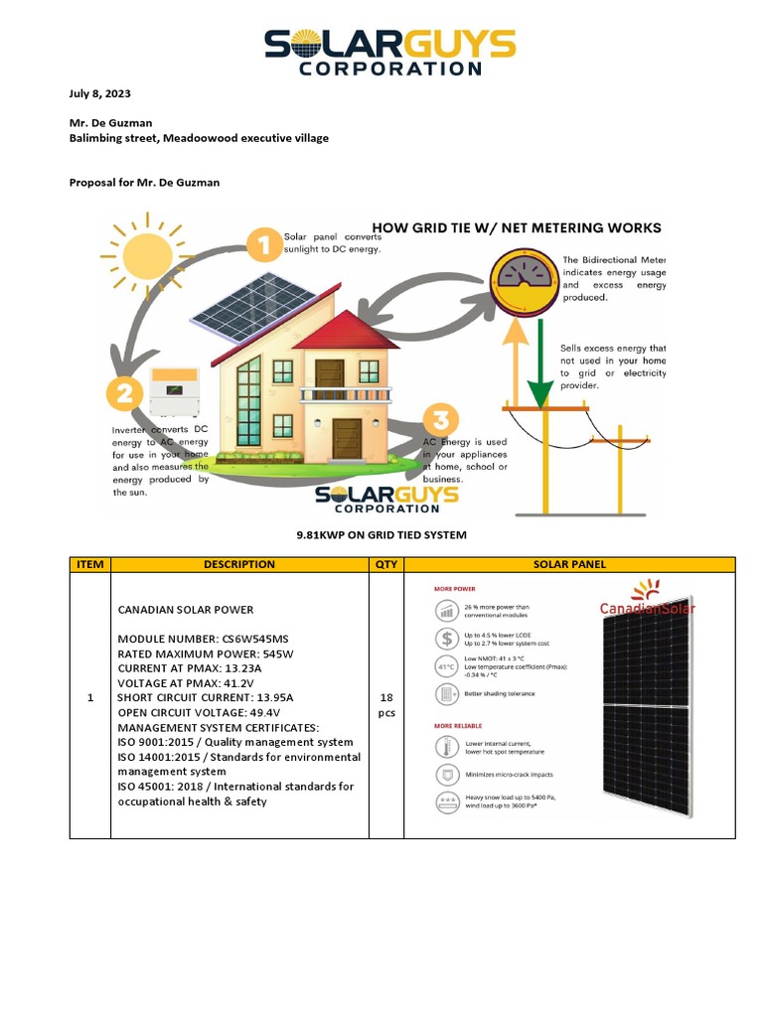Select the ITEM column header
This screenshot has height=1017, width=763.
click(x=89, y=564)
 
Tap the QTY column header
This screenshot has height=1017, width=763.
click(x=385, y=564)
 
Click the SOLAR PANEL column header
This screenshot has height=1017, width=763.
click(x=569, y=564)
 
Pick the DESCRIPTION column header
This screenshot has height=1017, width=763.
click(x=238, y=564)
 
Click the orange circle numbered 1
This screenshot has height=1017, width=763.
click(x=263, y=245)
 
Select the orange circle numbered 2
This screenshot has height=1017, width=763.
click(x=125, y=394)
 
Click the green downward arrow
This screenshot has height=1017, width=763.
click(x=538, y=372)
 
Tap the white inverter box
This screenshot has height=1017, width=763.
click(x=174, y=389)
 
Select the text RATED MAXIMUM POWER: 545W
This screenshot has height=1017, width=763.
click(x=206, y=654)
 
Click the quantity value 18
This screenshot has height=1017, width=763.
click(x=385, y=698)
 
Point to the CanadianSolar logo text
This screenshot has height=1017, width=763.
click(x=648, y=608)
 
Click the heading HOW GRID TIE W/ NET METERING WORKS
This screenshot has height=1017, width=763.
click(x=516, y=227)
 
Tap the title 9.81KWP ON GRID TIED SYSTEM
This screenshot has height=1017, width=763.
click(x=381, y=535)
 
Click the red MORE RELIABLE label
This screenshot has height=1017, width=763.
click(x=456, y=725)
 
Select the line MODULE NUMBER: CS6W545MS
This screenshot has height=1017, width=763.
click(x=200, y=639)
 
